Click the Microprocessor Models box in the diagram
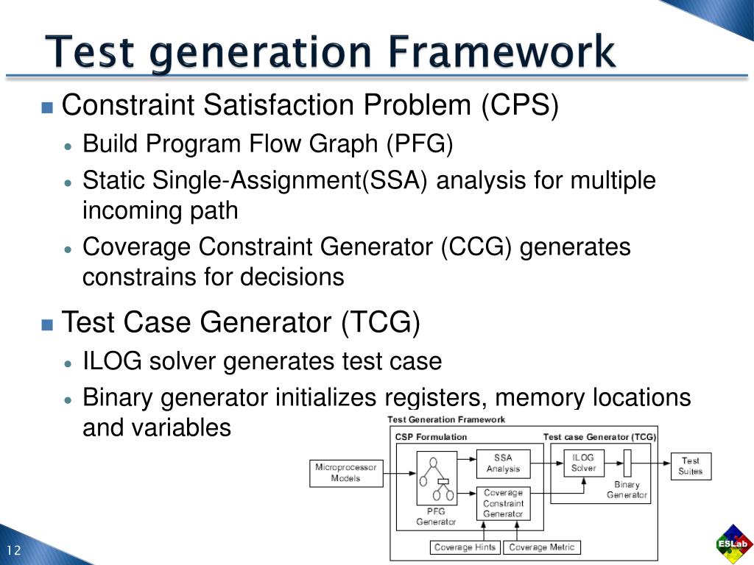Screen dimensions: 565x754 [346, 472]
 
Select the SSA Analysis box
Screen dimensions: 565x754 [503, 463]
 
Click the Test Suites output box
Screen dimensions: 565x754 [691, 466]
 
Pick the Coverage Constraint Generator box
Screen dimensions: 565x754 [503, 503]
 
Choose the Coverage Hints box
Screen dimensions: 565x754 [465, 547]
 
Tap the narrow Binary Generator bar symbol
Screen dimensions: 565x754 [628, 463]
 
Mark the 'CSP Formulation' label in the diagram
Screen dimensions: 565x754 [431, 437]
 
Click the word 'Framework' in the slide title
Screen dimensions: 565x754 [504, 53]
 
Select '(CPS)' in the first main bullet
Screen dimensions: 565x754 [521, 106]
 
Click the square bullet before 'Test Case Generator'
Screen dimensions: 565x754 [48, 324]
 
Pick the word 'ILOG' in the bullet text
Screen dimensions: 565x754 [112, 362]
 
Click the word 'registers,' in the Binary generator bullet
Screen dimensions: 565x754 [436, 398]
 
